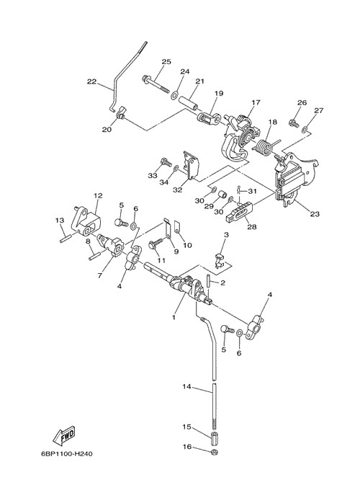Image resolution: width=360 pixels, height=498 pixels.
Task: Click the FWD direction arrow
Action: [x=64, y=435]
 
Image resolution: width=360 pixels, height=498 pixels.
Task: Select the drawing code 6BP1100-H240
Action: [x=67, y=454]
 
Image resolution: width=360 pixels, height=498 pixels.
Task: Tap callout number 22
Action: [x=91, y=81]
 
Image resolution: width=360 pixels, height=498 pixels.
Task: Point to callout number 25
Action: [x=166, y=61]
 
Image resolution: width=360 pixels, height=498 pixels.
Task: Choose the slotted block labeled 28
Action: [x=240, y=213]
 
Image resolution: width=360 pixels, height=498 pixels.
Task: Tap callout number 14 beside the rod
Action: [x=186, y=386]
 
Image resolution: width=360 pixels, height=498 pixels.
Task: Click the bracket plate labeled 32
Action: [x=191, y=165]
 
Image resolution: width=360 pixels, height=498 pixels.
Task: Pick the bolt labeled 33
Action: [x=166, y=162]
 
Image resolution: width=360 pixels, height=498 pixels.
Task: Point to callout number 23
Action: [x=315, y=214]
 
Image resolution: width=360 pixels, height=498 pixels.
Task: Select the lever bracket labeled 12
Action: [x=85, y=221]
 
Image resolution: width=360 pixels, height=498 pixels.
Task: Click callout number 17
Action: [x=256, y=102]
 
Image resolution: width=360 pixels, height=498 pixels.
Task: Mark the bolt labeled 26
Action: [x=294, y=123]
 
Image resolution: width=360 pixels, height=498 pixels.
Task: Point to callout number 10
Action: [x=187, y=245]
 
